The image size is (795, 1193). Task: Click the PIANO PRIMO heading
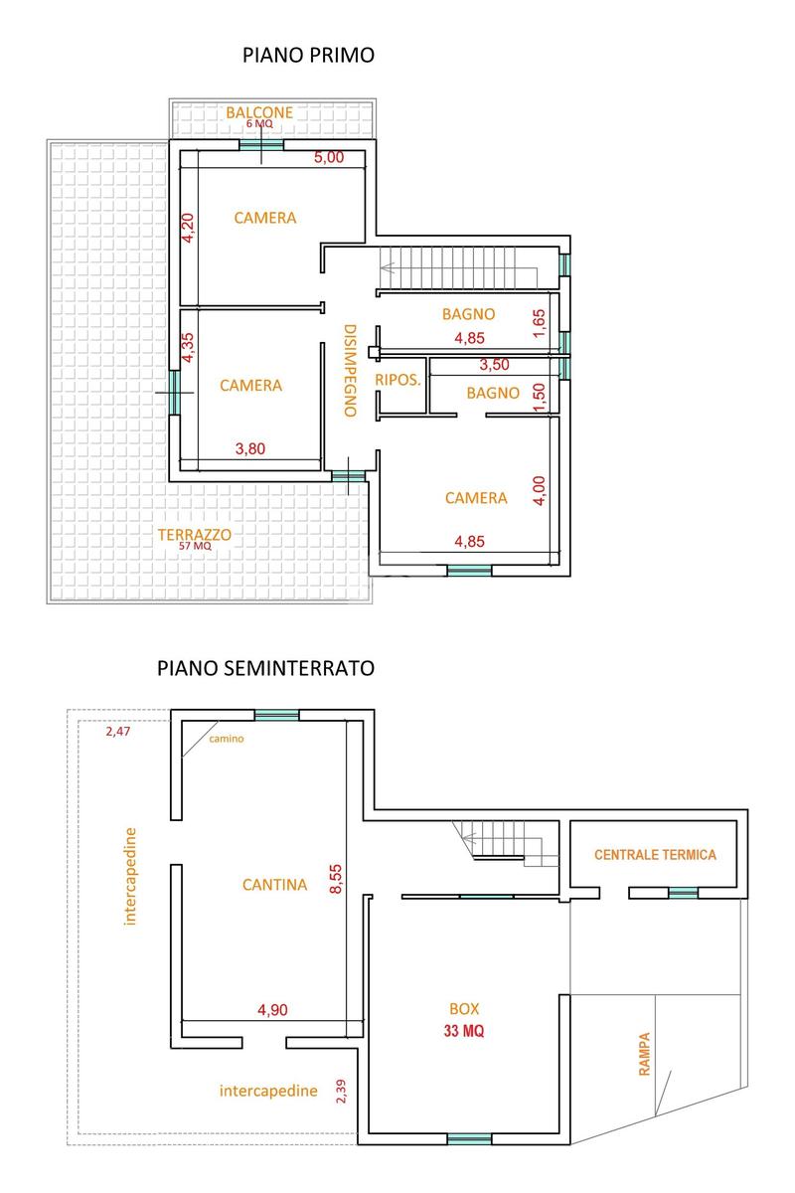308,55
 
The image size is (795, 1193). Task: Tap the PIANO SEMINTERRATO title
265,668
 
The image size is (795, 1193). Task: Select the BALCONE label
259,112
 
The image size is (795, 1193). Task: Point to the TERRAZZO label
195,534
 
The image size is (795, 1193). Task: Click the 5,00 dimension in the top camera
329,157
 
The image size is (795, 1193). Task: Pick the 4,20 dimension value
188,228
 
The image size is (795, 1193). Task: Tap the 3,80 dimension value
250,448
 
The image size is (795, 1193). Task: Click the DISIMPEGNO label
350,370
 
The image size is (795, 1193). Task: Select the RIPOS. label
397,380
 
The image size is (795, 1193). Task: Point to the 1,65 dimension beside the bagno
539,323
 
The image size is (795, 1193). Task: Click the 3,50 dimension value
494,364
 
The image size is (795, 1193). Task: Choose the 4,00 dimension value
539,490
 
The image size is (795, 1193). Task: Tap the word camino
227,739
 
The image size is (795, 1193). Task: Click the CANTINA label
274,885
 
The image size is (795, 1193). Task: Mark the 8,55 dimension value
336,878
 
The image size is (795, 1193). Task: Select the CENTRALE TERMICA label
656,854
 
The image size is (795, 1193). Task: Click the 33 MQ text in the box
464,1031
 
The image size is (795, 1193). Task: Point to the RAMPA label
644,1054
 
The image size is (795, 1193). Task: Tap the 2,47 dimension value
117,732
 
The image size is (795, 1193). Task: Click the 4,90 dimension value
272,1009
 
